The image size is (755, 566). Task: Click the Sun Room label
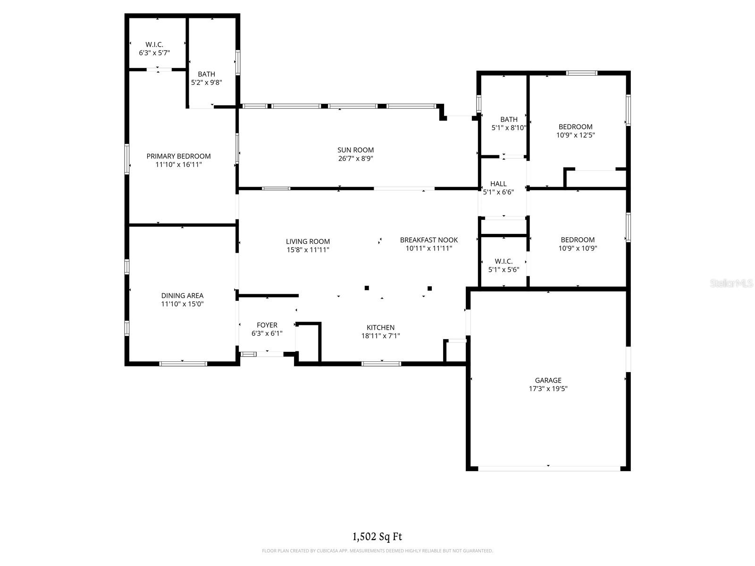tap(356, 150)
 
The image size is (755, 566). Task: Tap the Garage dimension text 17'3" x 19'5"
tap(548, 389)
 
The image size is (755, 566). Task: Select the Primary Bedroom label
tap(178, 156)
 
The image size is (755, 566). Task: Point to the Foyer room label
tap(267, 325)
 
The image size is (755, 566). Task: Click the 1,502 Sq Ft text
tap(377, 536)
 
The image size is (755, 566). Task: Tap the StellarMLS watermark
tap(731, 283)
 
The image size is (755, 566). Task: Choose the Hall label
tap(498, 183)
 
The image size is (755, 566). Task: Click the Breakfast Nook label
tap(428, 240)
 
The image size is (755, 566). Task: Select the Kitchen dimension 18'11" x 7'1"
tap(380, 336)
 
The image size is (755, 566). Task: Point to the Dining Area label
tap(182, 296)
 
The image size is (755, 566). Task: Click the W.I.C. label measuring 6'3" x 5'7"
tap(154, 44)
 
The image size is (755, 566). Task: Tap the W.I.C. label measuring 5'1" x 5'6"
tap(503, 261)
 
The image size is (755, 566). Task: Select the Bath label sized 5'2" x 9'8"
tap(206, 74)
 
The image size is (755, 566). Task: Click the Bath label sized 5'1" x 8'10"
tap(509, 119)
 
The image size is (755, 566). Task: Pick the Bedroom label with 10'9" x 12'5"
tap(575, 126)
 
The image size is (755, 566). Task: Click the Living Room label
tap(308, 241)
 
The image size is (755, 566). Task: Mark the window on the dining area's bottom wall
tap(183, 363)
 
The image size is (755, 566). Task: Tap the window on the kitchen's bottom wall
tap(381, 363)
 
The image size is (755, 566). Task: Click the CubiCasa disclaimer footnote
tap(377, 550)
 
